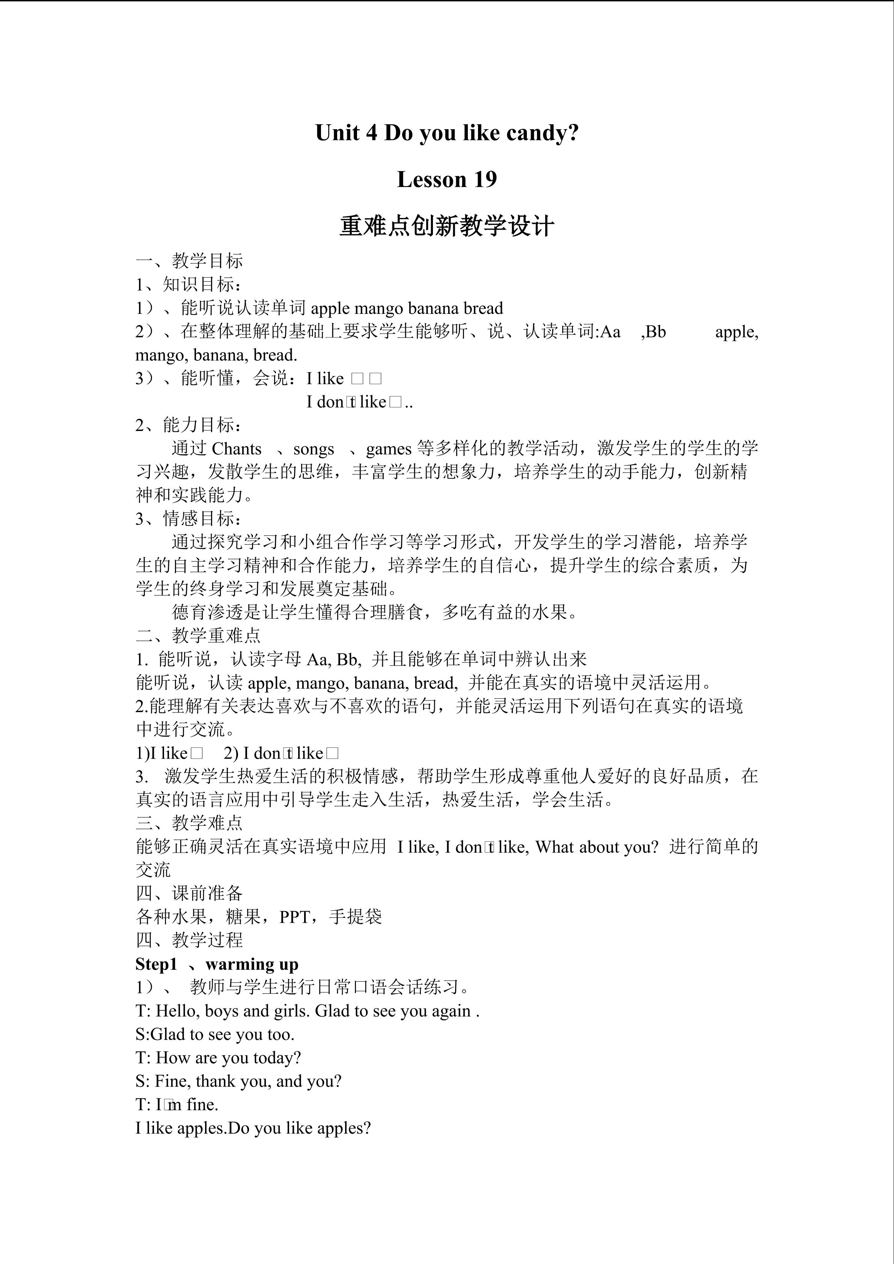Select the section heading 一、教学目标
point(189,261)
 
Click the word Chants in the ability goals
point(236,449)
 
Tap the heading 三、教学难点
point(189,823)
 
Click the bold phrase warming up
point(252,964)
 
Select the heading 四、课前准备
point(189,893)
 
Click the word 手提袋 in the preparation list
point(355,917)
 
